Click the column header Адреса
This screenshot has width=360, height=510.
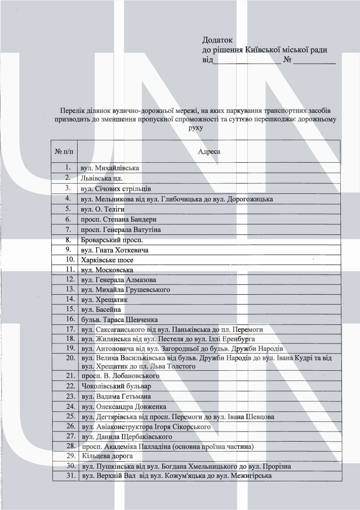coord(209,151)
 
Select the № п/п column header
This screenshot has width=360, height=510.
coord(65,151)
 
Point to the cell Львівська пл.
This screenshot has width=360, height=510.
coord(99,178)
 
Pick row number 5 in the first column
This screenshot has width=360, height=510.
coord(68,209)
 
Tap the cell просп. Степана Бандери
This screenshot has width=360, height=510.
coord(119,219)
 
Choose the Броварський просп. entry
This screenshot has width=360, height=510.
coord(112,240)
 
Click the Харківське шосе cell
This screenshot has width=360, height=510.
coord(107,260)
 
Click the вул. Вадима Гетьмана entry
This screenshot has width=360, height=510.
coord(116,396)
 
